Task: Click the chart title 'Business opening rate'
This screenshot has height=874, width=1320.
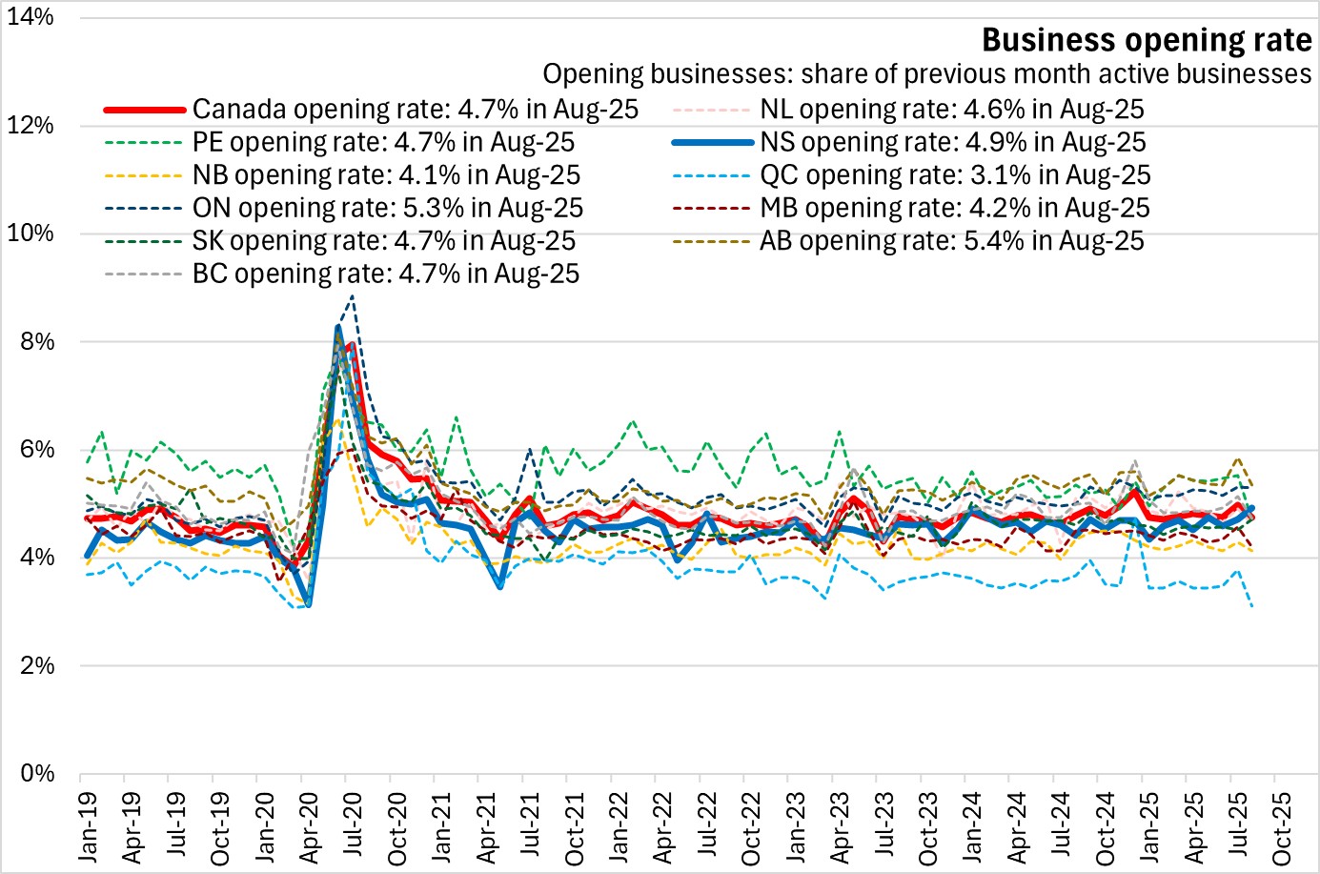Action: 1147,40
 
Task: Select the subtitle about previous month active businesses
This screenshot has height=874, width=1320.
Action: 926,74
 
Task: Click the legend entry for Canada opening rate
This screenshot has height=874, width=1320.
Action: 415,110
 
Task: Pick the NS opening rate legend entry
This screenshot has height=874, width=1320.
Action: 952,143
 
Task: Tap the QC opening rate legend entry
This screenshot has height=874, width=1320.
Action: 955,175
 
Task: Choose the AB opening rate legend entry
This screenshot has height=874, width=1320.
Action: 951,241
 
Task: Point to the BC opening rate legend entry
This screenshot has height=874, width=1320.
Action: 385,274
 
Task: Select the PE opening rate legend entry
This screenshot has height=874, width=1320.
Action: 383,143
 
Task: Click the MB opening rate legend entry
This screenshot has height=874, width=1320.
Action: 954,209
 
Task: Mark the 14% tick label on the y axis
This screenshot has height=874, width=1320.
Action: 30,17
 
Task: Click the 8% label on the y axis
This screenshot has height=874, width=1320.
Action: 36,341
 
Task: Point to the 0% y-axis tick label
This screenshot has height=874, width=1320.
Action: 36,773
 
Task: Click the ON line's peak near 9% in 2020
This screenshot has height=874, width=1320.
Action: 353,296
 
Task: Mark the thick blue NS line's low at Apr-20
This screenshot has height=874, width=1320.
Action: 308,604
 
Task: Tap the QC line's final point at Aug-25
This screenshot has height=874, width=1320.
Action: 1251,606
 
